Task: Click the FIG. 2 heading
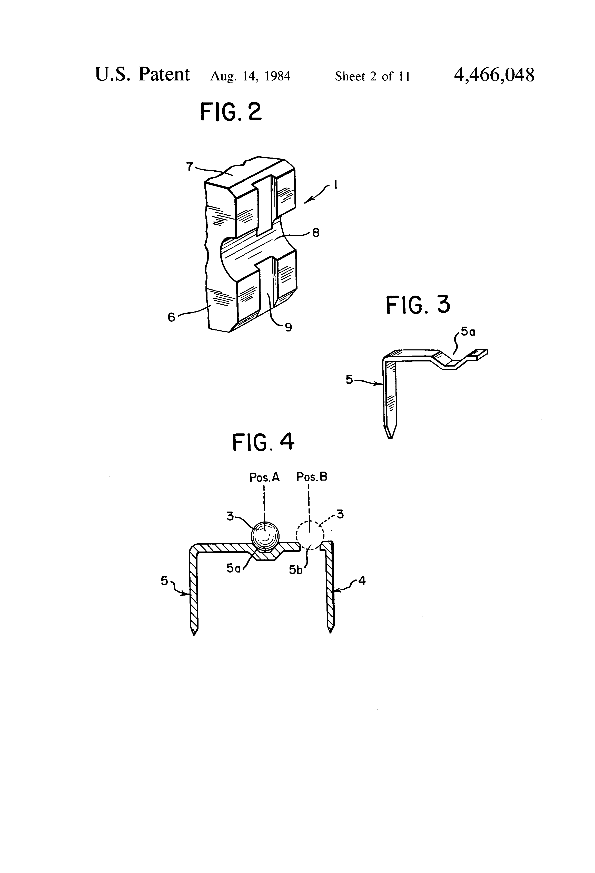click(231, 112)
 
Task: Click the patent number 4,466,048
click(494, 75)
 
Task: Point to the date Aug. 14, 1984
click(250, 76)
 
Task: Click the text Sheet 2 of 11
click(372, 76)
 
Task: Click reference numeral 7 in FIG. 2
click(190, 166)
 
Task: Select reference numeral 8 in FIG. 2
click(316, 233)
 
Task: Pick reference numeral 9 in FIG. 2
click(288, 328)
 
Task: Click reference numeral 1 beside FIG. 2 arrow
click(335, 184)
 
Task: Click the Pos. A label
click(264, 477)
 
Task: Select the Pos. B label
click(312, 477)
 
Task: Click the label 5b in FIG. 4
click(296, 570)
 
